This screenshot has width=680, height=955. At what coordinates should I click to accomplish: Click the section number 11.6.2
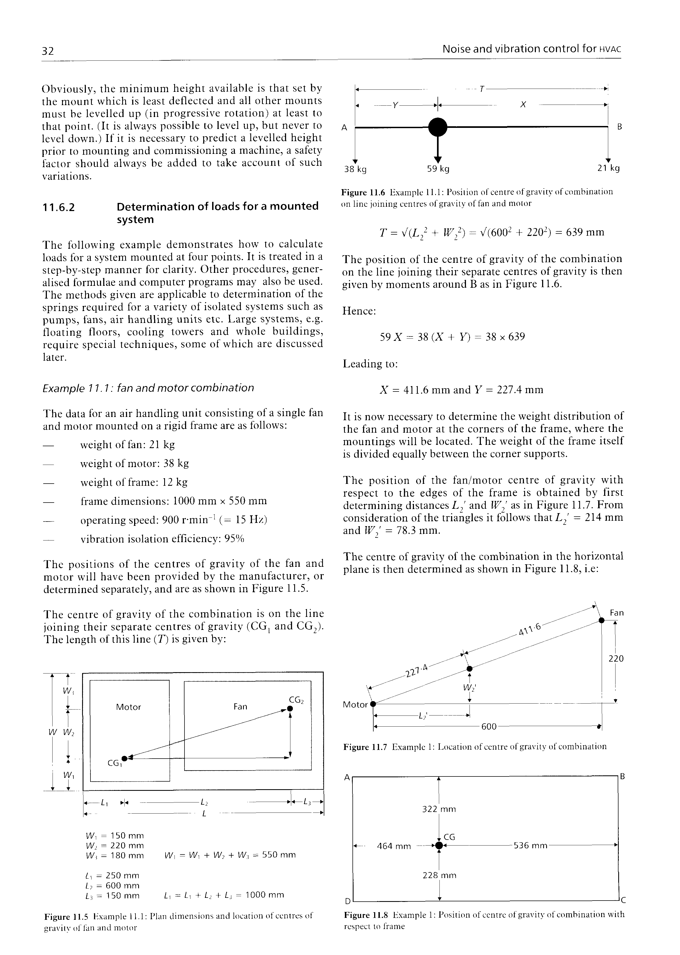tap(59, 207)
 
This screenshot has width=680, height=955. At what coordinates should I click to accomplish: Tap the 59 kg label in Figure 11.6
tap(438, 169)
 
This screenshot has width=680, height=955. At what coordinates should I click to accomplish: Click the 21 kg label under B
tap(608, 168)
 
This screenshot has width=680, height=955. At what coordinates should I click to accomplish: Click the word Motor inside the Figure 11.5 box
tap(128, 707)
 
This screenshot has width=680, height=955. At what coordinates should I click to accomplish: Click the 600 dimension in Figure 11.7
tap(489, 727)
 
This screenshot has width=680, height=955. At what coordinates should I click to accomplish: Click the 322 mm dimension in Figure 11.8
tap(438, 809)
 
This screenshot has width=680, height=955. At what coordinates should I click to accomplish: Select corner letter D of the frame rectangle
tap(347, 901)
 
